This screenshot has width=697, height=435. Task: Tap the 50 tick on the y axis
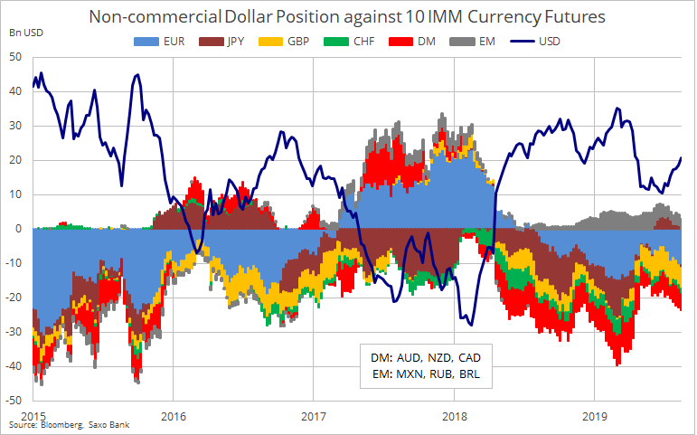(14, 57)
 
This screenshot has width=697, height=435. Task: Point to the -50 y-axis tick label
(13, 400)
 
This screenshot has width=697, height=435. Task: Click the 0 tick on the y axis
(17, 229)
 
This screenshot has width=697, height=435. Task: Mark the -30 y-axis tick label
(13, 331)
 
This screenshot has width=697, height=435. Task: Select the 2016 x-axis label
(173, 415)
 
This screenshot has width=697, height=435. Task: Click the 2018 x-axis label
(453, 415)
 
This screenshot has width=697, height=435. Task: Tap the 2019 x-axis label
(593, 415)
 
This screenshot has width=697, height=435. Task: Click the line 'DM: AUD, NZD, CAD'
(422, 355)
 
